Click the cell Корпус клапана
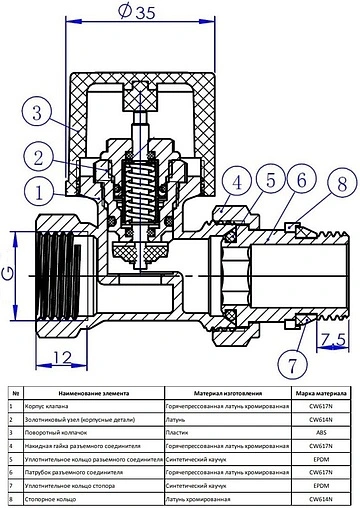[x=52, y=407]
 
